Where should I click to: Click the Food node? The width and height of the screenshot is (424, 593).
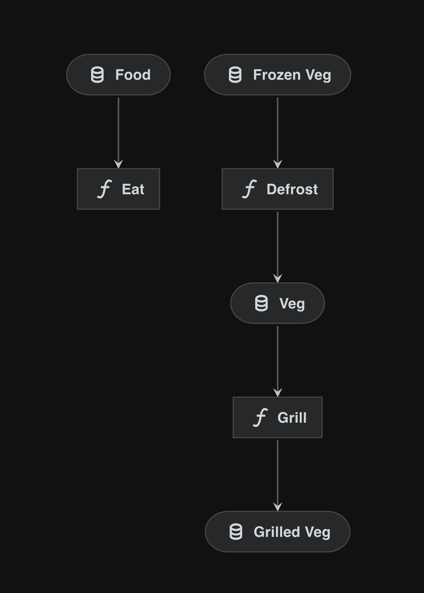click(118, 75)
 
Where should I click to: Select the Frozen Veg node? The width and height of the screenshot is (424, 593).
click(277, 75)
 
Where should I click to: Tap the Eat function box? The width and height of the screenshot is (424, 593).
click(118, 189)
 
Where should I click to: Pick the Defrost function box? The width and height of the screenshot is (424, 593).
click(277, 189)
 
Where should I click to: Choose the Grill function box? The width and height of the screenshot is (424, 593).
click(277, 417)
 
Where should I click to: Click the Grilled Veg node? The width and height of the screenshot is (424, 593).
click(277, 532)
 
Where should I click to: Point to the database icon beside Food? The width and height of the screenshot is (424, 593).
click(97, 75)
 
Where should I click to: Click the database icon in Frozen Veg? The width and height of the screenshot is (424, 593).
click(235, 75)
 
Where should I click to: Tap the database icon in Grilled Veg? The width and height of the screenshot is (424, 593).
click(236, 532)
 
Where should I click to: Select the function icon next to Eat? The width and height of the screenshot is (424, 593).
click(104, 189)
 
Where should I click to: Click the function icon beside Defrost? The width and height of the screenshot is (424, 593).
click(249, 189)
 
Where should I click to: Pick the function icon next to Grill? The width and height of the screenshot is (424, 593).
click(260, 417)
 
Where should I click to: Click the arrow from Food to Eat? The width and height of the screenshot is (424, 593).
click(118, 133)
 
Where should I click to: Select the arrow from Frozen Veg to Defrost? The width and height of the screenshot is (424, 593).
click(277, 133)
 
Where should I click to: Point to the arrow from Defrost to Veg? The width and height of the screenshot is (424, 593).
click(277, 247)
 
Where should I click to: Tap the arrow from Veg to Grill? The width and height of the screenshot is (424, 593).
click(277, 361)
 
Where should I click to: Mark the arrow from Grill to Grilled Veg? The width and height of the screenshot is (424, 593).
click(277, 475)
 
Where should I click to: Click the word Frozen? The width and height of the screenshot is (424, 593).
click(277, 75)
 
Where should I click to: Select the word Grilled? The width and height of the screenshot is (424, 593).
click(277, 532)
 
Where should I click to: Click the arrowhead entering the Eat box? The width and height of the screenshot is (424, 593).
click(118, 164)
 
